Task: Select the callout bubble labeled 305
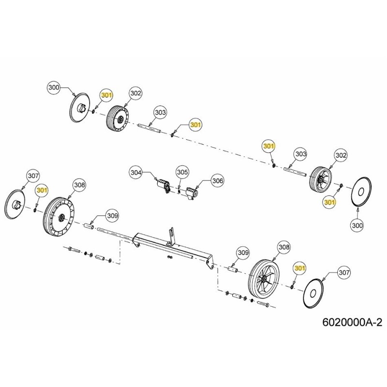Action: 182,172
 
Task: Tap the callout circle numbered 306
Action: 218,180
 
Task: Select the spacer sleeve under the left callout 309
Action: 89,225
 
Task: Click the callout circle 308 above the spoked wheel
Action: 284,248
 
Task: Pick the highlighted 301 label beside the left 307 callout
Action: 42,190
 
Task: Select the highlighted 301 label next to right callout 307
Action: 300,268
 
